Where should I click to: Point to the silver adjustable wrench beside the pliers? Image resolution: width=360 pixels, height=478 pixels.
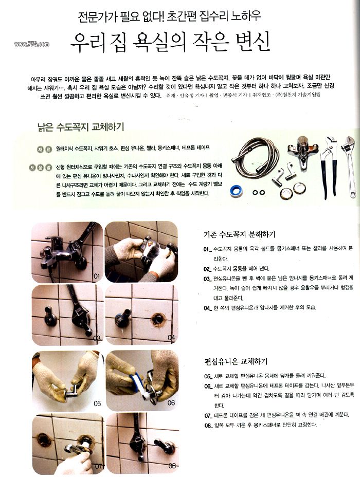(x=351, y=164)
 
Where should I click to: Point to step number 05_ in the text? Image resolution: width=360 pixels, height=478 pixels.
(x=208, y=376)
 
